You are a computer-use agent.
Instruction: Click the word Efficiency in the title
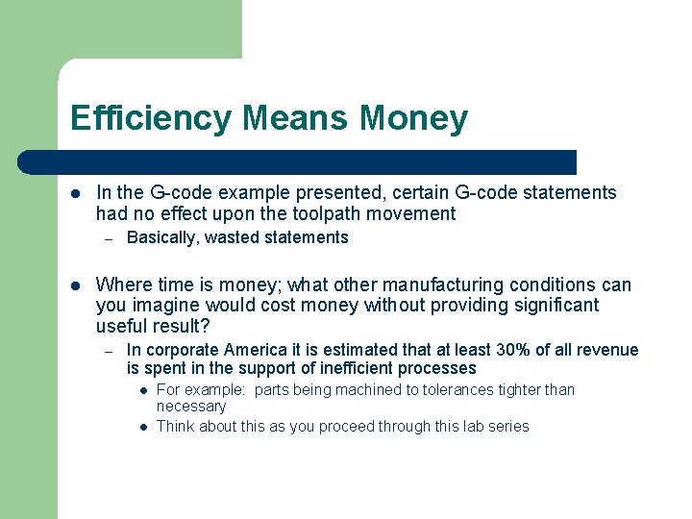click(x=151, y=119)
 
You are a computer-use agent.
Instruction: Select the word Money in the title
click(x=414, y=119)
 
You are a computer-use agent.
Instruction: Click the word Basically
click(x=162, y=237)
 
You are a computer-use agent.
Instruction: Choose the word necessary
click(x=190, y=406)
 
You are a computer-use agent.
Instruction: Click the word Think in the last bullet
click(x=176, y=426)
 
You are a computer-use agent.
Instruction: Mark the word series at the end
click(x=507, y=426)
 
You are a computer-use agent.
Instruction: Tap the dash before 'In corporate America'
click(x=110, y=350)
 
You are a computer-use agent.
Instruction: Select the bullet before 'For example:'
click(x=141, y=389)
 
